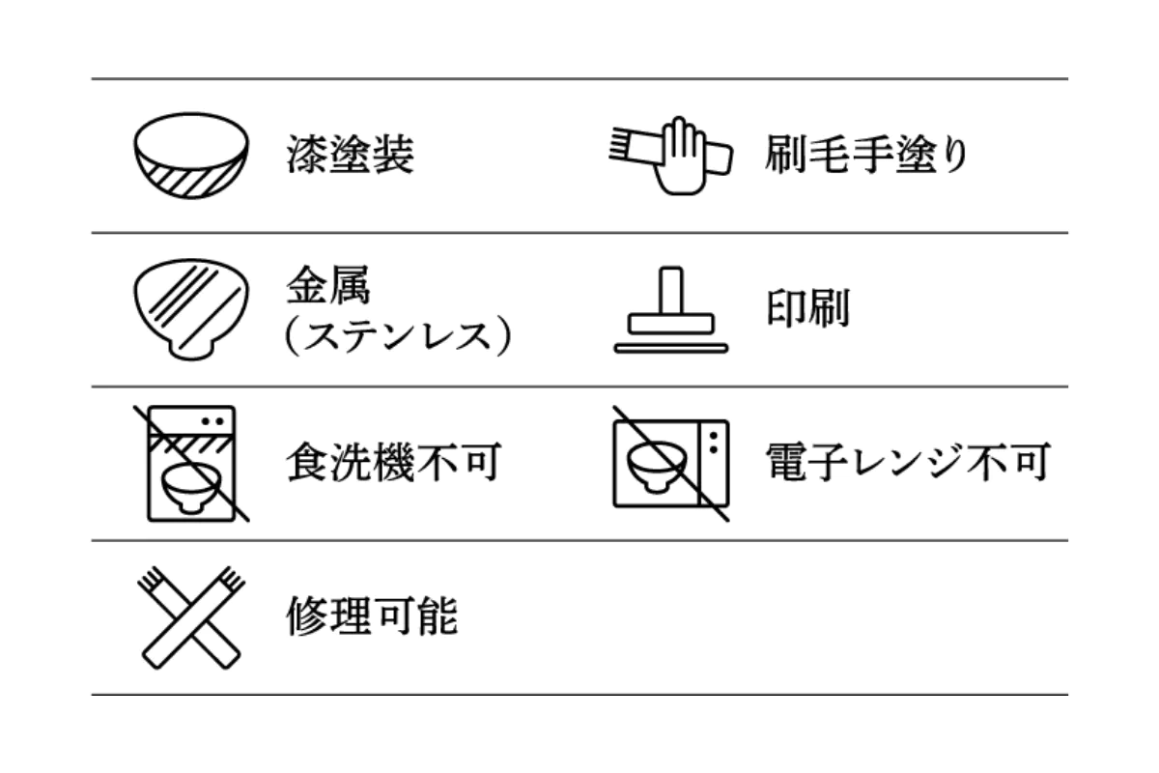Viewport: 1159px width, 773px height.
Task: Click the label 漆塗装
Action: click(351, 154)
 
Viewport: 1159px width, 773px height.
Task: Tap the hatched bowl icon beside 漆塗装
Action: click(191, 156)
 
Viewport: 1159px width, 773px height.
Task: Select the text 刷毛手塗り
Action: click(866, 154)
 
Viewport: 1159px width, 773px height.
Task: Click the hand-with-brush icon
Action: click(671, 156)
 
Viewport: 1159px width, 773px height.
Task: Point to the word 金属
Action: click(328, 284)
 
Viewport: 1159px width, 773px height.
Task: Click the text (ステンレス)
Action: click(398, 335)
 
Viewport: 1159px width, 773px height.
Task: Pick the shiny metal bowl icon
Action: click(191, 309)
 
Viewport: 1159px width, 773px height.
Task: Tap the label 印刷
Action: click(807, 308)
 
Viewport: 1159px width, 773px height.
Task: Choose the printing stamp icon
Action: click(671, 310)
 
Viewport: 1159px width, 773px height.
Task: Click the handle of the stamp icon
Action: click(671, 291)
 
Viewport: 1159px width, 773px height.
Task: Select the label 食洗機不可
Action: click(394, 462)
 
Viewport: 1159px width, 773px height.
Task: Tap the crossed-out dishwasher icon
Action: click(191, 464)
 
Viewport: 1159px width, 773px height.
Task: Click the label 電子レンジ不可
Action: click(908, 462)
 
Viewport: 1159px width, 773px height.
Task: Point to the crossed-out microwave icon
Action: click(671, 464)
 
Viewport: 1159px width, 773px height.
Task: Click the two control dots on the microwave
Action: click(714, 443)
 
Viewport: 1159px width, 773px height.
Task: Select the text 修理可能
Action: click(372, 616)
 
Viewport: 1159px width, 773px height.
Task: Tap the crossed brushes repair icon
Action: click(191, 617)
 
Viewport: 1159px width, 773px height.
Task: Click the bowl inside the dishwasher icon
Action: click(191, 488)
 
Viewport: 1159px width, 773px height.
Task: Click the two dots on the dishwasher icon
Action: click(212, 421)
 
